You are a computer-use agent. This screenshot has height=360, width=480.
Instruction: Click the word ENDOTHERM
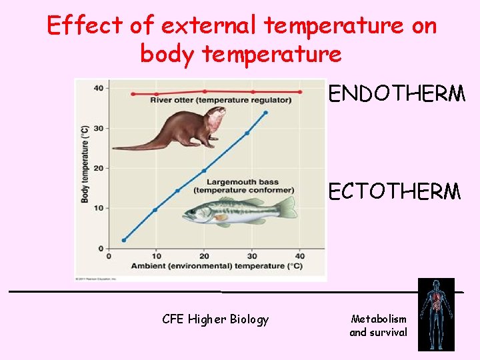(x=397, y=94)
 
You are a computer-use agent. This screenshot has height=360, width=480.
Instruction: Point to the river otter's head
(x=214, y=119)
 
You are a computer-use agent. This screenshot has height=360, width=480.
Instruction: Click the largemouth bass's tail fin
(x=287, y=207)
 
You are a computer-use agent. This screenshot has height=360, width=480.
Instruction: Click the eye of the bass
(x=194, y=213)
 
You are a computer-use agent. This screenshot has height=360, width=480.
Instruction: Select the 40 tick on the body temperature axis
(x=97, y=88)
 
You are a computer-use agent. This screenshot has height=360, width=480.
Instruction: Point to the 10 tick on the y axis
(x=97, y=208)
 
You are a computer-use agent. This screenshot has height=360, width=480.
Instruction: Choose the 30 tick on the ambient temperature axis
(x=252, y=256)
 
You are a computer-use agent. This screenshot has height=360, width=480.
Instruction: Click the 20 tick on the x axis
(x=204, y=256)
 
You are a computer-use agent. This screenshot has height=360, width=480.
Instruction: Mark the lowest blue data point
(x=124, y=240)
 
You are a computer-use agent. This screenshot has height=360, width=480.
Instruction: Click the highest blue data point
(x=266, y=113)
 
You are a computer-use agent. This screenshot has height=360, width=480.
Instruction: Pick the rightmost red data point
(x=300, y=92)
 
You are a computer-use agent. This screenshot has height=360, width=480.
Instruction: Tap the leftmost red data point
(x=133, y=94)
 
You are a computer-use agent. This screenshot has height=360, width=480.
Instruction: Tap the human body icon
(x=436, y=314)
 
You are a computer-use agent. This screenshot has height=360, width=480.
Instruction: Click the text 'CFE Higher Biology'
(x=215, y=319)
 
